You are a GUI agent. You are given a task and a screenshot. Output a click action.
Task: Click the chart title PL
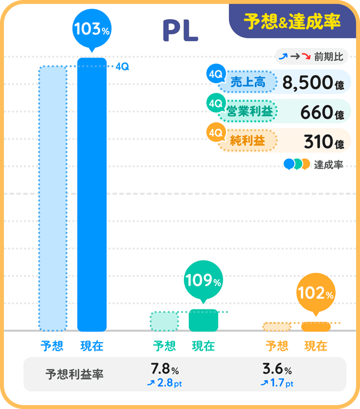(180, 31)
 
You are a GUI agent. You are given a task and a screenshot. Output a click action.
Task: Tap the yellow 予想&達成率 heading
(292, 21)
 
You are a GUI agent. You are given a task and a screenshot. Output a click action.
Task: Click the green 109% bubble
(203, 279)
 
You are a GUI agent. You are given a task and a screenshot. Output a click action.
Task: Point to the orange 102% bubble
(315, 293)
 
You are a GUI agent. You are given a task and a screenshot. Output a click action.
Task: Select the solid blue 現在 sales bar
(92, 194)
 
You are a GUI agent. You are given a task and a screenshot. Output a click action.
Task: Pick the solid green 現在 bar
(203, 320)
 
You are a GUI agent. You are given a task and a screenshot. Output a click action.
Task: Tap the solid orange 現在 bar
(315, 326)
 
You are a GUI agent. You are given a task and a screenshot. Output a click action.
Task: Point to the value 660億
(322, 113)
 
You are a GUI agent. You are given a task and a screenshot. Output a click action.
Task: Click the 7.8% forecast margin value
(165, 370)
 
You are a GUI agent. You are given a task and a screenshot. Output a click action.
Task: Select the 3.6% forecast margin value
(277, 370)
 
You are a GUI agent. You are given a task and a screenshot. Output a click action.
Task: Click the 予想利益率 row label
(74, 374)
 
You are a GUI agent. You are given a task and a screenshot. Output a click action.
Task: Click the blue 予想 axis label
(52, 346)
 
